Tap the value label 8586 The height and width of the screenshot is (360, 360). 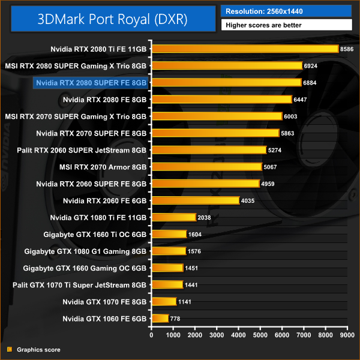click(347, 49)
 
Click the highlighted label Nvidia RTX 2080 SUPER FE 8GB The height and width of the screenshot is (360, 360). click(91, 82)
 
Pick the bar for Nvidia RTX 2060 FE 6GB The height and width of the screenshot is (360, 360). click(196, 200)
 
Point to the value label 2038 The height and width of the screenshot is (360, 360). click(207, 217)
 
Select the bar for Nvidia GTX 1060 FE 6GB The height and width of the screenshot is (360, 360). click(160, 318)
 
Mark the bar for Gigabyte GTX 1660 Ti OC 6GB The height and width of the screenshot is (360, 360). click(169, 234)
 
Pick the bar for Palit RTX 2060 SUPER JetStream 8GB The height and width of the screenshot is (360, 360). click(209, 150)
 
